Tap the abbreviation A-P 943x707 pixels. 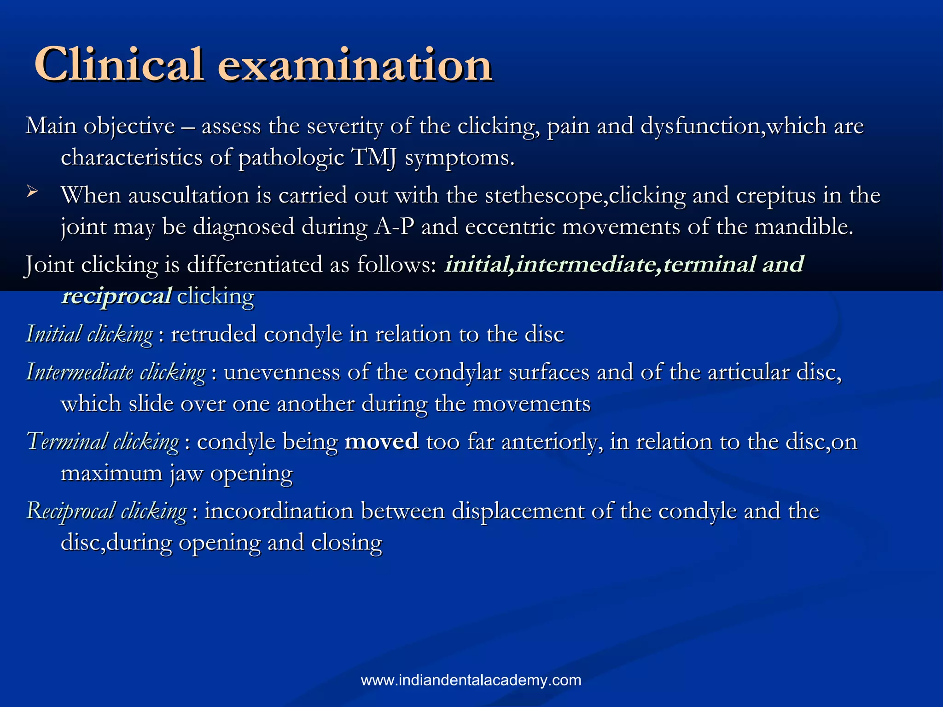(x=394, y=227)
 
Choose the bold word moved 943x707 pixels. (x=381, y=441)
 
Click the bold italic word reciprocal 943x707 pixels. (x=117, y=296)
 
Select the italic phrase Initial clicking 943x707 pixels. (x=89, y=334)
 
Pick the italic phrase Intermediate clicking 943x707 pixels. (x=115, y=372)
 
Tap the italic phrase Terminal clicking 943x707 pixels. (x=102, y=441)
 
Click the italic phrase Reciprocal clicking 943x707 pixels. (x=106, y=511)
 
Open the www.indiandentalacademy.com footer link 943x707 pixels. (x=471, y=680)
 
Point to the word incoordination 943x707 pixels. (x=279, y=511)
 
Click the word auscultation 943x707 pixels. (x=188, y=196)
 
